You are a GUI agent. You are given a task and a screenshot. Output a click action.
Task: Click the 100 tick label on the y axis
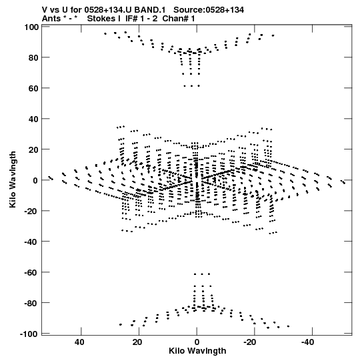(31, 27)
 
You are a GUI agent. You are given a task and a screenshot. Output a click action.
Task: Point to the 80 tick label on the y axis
(33, 57)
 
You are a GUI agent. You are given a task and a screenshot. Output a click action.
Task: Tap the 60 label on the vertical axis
(33, 88)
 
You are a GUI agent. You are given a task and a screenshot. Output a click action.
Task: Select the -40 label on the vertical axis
(31, 242)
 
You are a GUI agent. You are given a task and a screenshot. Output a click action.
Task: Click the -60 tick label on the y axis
(31, 273)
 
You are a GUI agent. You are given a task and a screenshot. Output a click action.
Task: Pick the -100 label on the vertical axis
(29, 334)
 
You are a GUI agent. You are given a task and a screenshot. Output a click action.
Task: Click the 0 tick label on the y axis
(35, 180)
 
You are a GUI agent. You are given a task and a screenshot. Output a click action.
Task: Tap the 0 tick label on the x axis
(197, 342)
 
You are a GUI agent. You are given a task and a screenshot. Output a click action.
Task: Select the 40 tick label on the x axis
(79, 342)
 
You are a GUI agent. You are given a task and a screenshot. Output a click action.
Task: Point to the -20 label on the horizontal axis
(249, 342)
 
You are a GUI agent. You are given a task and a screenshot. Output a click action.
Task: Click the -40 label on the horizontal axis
(307, 342)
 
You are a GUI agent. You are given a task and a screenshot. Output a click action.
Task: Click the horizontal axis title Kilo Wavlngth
(197, 351)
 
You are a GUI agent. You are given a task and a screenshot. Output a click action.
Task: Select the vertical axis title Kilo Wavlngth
(13, 179)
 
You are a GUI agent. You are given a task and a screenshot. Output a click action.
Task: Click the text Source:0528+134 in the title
(209, 9)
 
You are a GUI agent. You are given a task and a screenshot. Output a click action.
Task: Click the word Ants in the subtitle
(52, 18)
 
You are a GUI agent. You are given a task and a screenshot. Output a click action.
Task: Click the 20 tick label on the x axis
(137, 342)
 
